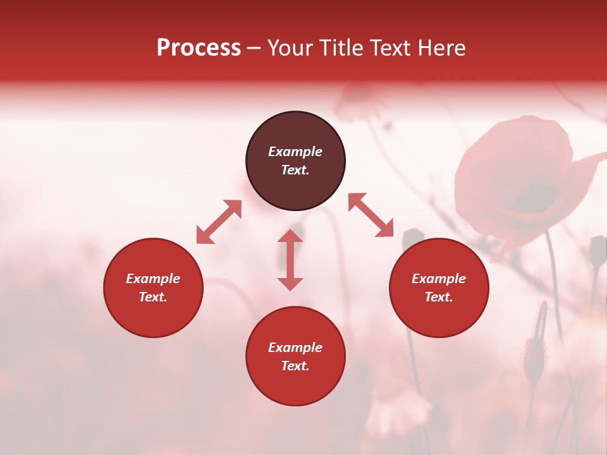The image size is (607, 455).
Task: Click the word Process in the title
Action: click(199, 48)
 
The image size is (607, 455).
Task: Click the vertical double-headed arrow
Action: click(290, 260)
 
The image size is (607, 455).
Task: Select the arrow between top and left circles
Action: click(219, 222)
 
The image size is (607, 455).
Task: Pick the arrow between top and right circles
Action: click(371, 215)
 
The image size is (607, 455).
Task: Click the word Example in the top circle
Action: click(295, 152)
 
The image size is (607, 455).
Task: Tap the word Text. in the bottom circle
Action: click(295, 366)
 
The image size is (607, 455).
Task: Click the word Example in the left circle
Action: click(153, 279)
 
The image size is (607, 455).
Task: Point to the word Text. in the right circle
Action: click(439, 297)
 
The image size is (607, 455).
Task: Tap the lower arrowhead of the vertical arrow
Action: click(290, 283)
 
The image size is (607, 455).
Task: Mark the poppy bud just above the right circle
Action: click(413, 238)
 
